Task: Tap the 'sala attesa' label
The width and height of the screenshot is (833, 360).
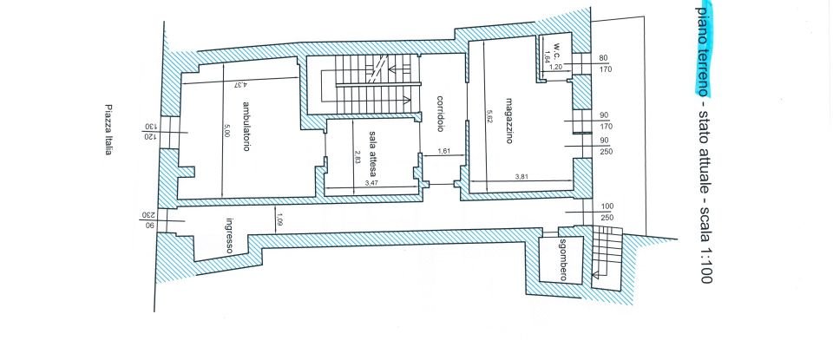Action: tap(371, 155)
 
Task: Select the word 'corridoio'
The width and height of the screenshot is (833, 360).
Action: tap(440, 113)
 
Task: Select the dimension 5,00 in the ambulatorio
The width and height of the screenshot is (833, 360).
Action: tap(226, 132)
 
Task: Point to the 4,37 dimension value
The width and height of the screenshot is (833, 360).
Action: tap(234, 85)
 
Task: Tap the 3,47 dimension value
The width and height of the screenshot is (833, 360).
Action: tap(371, 184)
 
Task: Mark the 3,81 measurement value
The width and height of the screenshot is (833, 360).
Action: tap(521, 178)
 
